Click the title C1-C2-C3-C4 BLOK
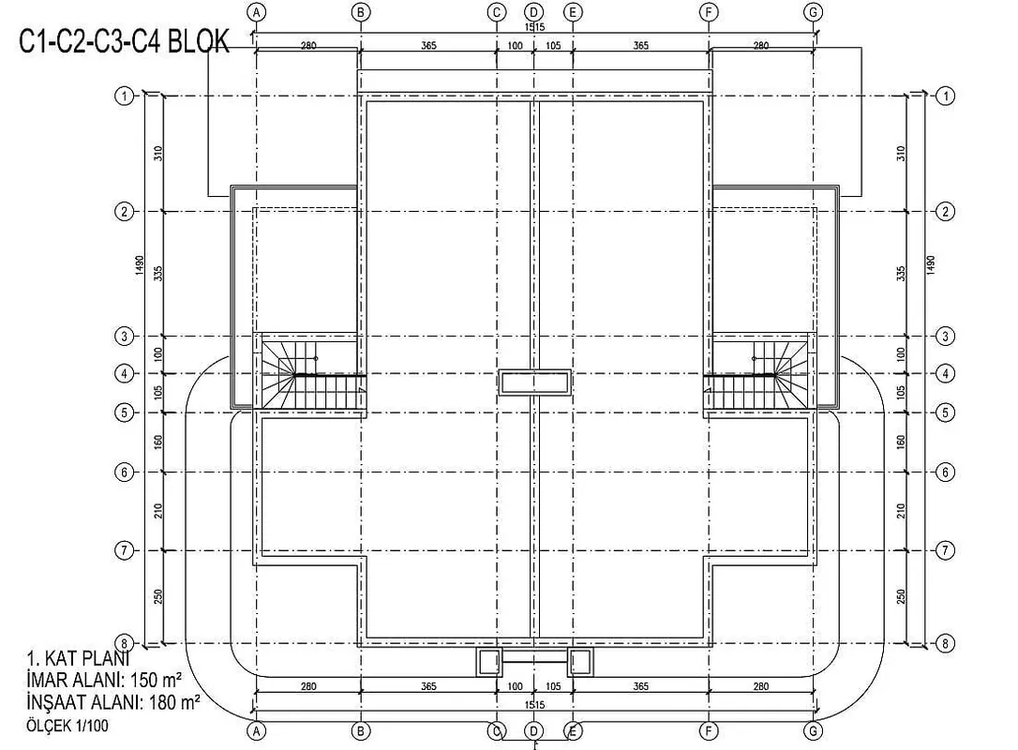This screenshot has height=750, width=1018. click(124, 42)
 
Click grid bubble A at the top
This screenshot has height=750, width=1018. click(257, 11)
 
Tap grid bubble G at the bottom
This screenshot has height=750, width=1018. click(813, 731)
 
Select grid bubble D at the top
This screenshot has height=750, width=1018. click(533, 11)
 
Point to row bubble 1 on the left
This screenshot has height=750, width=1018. click(124, 97)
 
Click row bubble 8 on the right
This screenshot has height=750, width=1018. click(945, 643)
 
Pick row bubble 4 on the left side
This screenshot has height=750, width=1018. click(124, 373)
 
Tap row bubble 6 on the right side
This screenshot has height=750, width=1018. click(945, 472)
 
